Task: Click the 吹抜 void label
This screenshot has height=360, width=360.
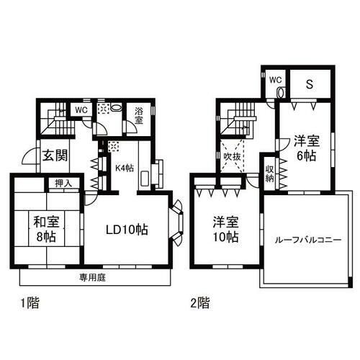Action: tap(231, 156)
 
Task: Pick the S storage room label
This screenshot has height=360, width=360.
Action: tap(309, 83)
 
